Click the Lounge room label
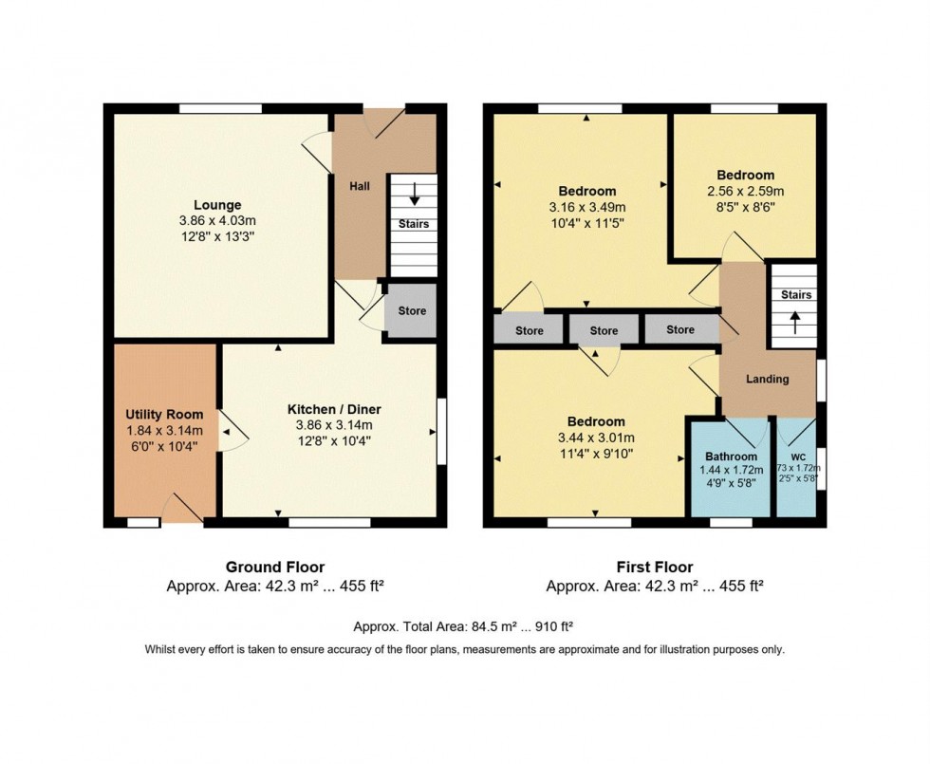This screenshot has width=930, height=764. coord(217,205)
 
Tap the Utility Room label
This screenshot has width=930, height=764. coord(164,415)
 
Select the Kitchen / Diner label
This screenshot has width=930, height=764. coord(334,409)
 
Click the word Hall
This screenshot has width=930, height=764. coord(360,186)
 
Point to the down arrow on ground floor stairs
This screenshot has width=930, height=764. coord(414,194)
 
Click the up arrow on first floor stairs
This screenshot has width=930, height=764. coord(793,324)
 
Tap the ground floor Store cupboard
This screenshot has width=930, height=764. coord(412,311)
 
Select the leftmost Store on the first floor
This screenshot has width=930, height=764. coord(530,331)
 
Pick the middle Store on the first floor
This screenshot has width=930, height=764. coord(604,331)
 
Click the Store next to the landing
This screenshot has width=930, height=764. coord(679,330)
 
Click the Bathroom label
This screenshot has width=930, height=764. coord(731,457)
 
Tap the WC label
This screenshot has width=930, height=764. coord(798,457)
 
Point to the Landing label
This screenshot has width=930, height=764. coord(767,379)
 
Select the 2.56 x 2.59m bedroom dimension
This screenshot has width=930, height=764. coord(745,192)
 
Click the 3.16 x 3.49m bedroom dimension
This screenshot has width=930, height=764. coord(587,208)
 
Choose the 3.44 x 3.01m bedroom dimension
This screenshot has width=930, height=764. coord(596,438)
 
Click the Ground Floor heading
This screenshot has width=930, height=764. coord(275,568)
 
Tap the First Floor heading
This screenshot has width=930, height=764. coord(654,568)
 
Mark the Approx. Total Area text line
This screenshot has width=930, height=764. coord(463,626)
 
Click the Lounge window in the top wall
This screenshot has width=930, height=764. coord(220,108)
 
